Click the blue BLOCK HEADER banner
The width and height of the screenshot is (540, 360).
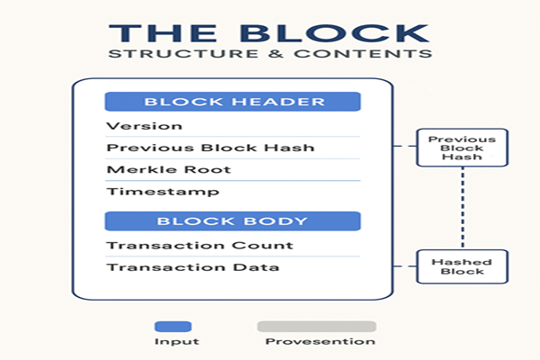233,102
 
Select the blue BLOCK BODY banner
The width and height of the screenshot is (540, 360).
233,220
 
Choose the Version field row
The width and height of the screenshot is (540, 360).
144,126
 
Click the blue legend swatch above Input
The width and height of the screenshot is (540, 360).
174,327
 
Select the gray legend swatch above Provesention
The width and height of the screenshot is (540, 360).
316,327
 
